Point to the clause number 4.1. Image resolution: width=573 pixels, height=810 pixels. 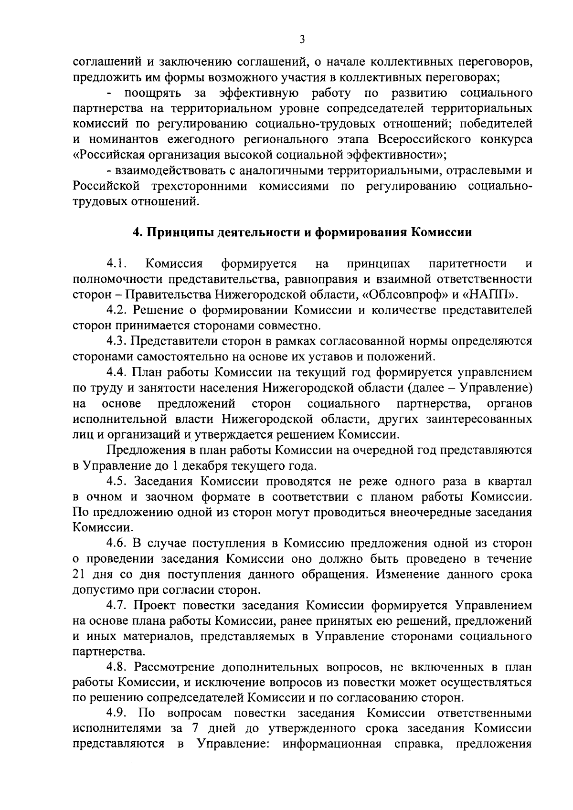point(116,263)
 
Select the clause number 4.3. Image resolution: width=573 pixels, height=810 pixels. point(117,341)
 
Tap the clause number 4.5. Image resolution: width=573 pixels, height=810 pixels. point(117,481)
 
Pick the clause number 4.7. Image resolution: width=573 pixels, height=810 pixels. point(117,606)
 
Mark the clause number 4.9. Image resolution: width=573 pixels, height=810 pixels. point(117,714)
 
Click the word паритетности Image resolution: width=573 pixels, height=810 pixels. point(467,263)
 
